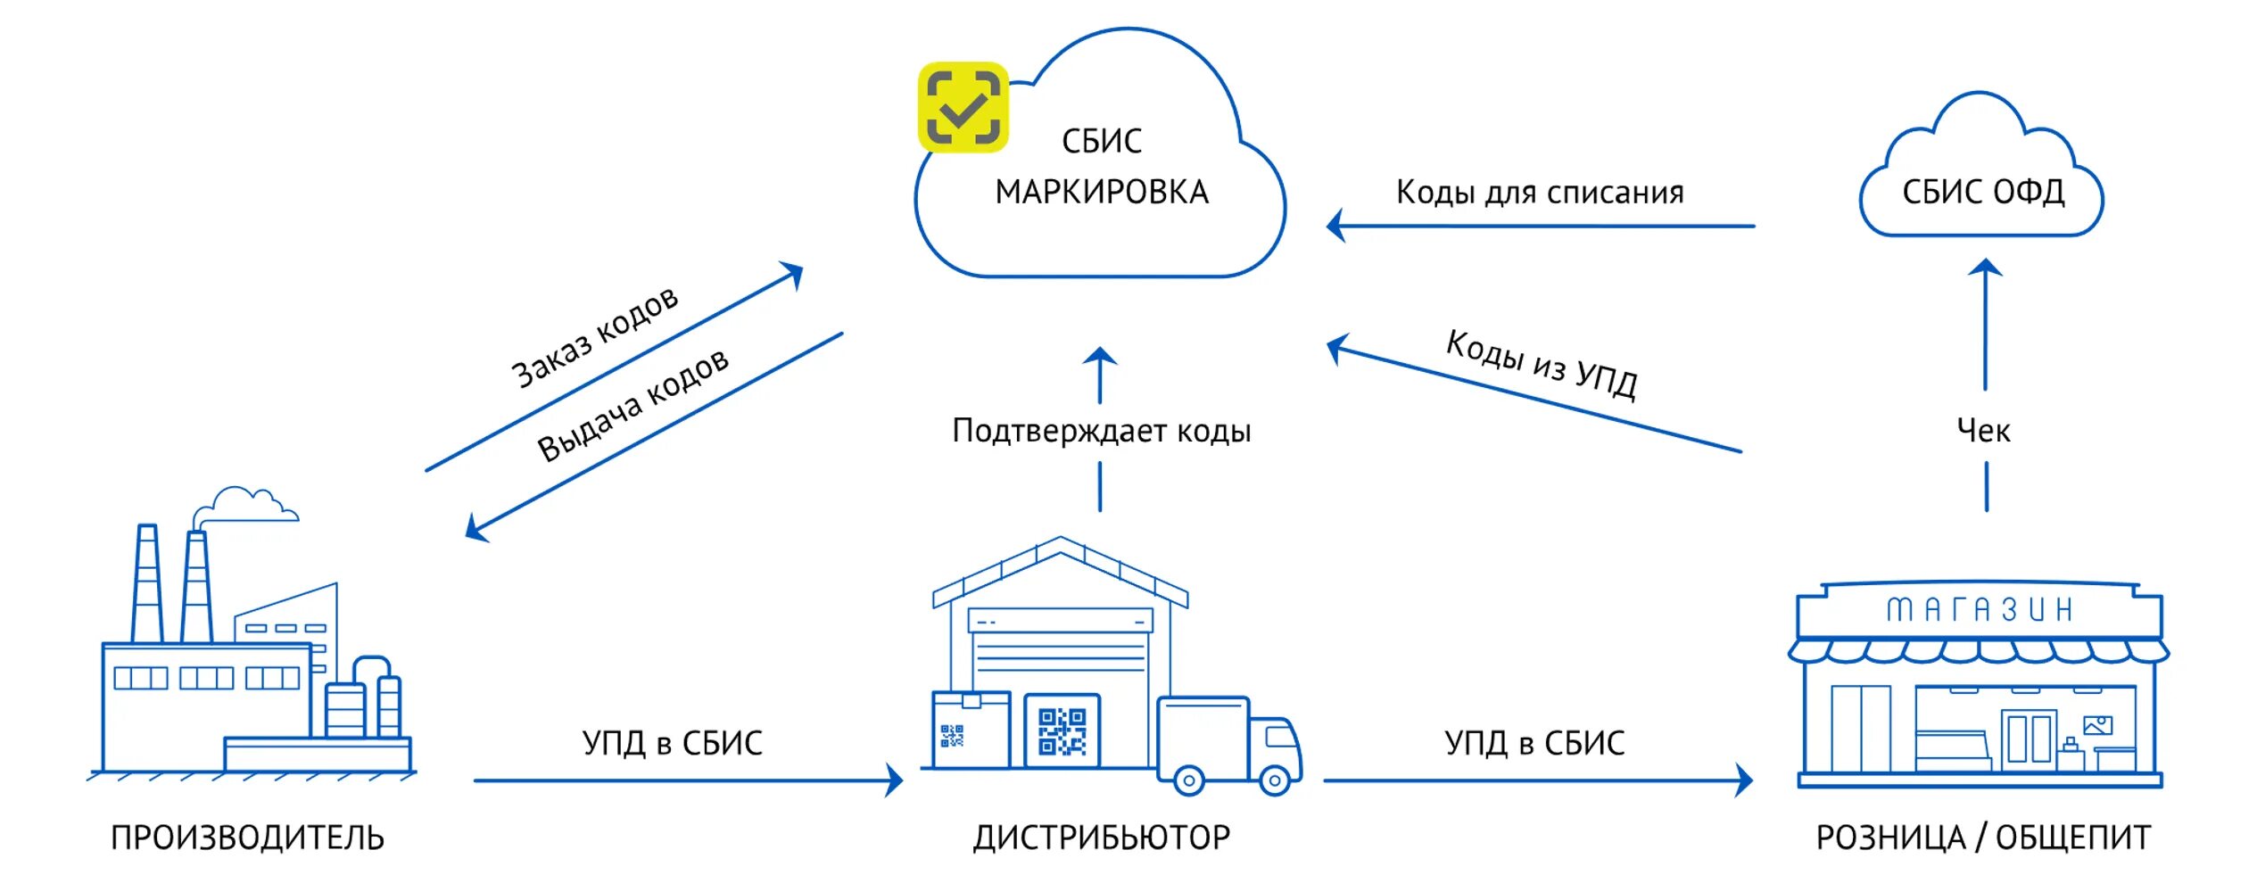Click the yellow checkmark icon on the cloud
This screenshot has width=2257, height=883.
tap(963, 107)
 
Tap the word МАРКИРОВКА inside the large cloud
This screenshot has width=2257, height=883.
tap(1101, 193)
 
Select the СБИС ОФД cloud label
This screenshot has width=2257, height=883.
tap(1982, 192)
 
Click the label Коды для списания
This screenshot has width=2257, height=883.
tap(1539, 193)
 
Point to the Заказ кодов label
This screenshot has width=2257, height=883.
tap(594, 337)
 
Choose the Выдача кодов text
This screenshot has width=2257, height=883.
tap(632, 405)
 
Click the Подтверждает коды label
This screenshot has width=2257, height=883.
tap(1101, 431)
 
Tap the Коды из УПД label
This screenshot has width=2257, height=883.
tap(1541, 364)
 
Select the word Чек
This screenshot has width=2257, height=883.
tap(1982, 431)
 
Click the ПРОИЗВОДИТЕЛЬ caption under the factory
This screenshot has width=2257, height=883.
tap(247, 838)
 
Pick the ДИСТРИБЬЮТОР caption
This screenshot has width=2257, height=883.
tap(1101, 838)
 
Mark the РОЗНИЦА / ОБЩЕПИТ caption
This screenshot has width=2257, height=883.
tap(1982, 838)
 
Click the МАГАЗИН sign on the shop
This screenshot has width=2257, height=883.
tap(1978, 610)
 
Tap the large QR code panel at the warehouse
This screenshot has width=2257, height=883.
tap(1062, 732)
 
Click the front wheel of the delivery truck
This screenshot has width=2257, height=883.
tap(1274, 780)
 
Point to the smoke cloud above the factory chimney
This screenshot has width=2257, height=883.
tap(245, 505)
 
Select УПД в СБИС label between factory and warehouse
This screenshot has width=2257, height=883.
tap(672, 743)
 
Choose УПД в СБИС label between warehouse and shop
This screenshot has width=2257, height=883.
tap(1534, 743)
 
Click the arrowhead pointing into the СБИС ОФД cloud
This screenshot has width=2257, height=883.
tap(1985, 268)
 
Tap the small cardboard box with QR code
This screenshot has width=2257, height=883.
tap(970, 729)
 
